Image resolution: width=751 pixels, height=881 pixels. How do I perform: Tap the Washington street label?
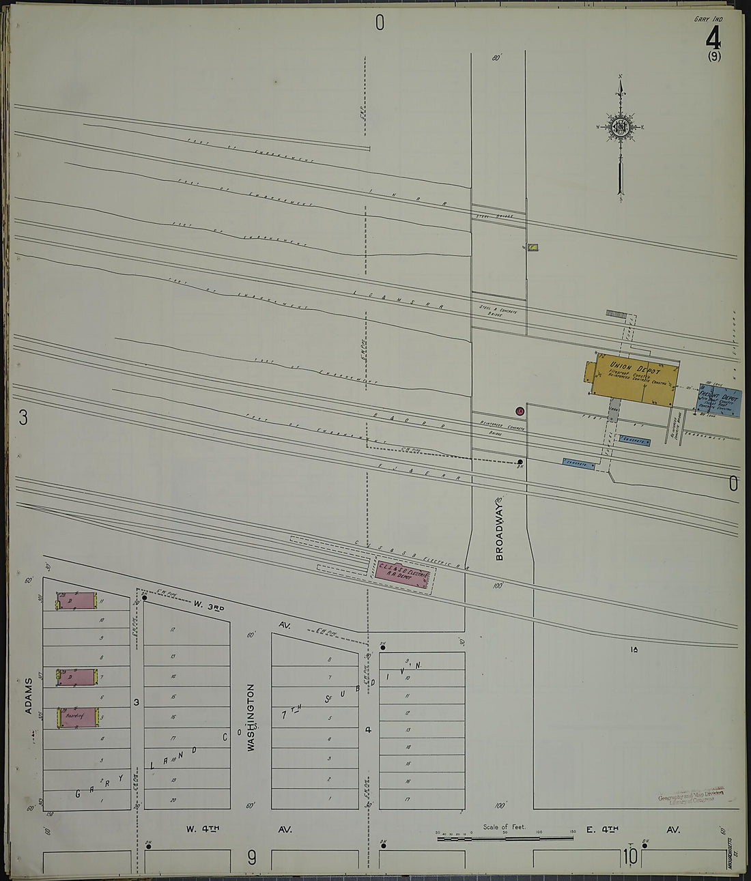251,718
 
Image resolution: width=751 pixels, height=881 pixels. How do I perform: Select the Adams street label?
29,696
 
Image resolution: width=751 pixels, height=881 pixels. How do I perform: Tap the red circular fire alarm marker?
520,411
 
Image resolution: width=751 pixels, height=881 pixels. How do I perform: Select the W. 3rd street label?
208,605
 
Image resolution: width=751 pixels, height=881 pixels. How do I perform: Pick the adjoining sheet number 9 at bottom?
251,857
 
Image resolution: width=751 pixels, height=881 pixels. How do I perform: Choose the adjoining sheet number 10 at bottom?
629,856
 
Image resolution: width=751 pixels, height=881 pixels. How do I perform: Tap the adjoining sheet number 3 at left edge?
23,418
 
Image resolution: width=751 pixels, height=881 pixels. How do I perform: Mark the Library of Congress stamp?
690,796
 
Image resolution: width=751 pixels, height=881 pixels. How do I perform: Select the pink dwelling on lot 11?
76,601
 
